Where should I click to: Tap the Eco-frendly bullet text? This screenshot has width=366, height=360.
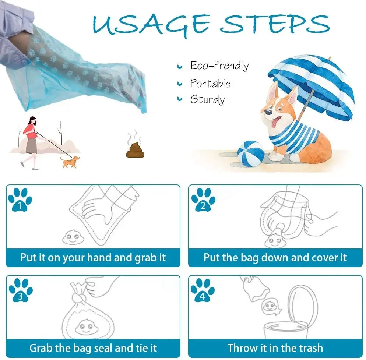219,66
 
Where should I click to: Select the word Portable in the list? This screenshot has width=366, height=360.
210,83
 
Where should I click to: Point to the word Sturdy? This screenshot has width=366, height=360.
207,99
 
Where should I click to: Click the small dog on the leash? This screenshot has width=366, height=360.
70,162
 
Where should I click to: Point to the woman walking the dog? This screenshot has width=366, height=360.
30,142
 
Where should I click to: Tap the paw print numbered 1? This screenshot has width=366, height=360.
20,200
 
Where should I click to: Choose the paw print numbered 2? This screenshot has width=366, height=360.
203,200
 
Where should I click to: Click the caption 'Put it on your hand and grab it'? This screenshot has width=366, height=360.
93,257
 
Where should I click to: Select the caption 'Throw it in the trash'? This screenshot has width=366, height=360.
275,348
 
